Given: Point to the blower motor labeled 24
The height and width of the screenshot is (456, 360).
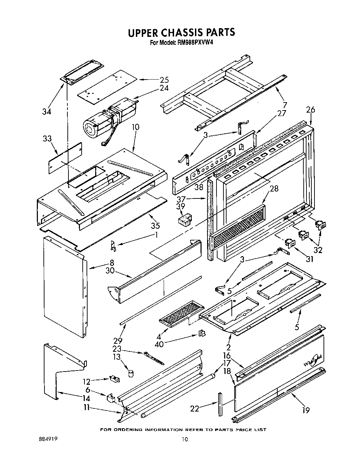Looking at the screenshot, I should point(109,118).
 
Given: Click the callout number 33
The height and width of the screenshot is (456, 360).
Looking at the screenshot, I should point(47,139).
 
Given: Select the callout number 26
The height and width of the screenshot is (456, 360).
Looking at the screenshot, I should point(310,110).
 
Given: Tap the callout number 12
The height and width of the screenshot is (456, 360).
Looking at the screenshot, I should point(87,381).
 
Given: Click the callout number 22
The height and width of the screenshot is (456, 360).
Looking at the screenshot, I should point(195,409).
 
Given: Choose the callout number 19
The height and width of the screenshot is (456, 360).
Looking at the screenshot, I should point(306,410).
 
